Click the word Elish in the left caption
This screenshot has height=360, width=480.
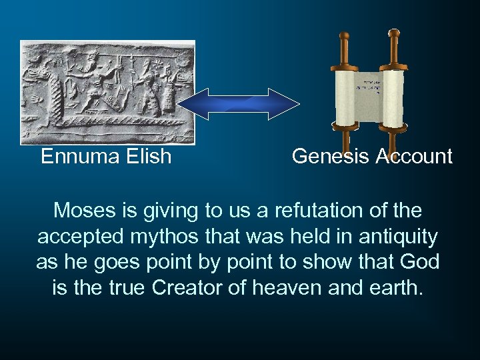coord(147,157)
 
